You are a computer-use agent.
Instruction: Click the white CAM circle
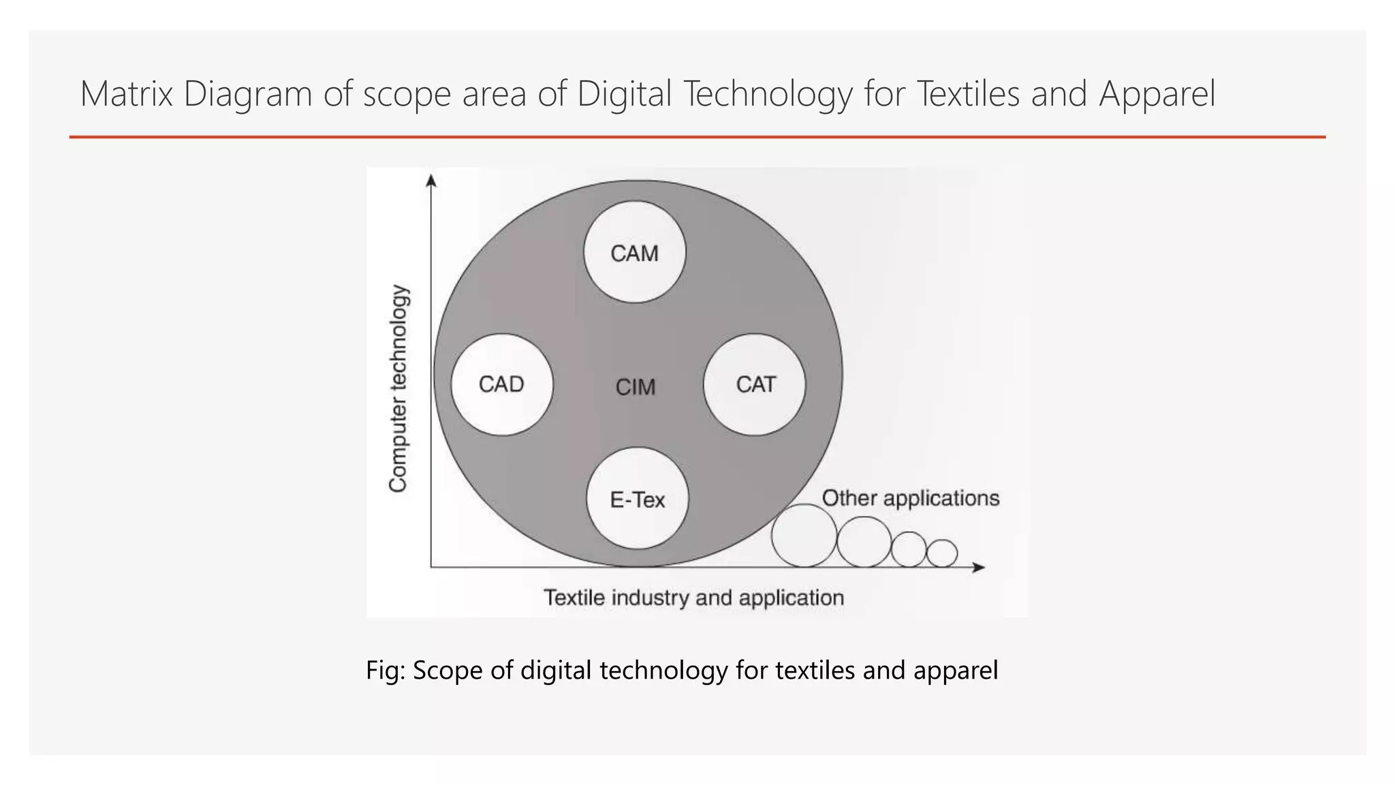(634, 252)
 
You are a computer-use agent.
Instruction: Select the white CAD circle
(502, 384)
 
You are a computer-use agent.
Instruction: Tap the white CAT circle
(754, 384)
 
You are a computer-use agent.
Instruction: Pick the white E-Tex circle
(637, 499)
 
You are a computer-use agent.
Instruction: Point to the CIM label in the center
(635, 387)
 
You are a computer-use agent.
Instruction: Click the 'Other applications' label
(910, 498)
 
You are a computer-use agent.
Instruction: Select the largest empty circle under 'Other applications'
(804, 536)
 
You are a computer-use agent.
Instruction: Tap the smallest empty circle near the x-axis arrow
(942, 553)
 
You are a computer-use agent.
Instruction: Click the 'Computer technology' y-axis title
(398, 388)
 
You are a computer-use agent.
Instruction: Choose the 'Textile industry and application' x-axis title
(693, 598)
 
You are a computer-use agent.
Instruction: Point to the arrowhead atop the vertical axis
(430, 180)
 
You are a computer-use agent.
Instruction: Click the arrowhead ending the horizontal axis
(979, 567)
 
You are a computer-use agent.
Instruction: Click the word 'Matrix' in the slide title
(126, 94)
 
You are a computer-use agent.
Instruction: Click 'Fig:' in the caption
(385, 670)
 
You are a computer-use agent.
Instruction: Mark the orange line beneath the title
(697, 137)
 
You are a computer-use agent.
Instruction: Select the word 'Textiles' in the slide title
(968, 94)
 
